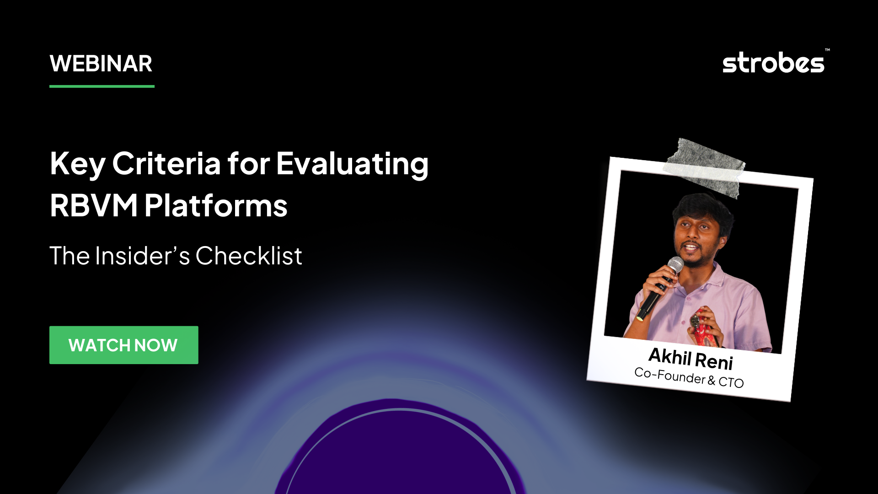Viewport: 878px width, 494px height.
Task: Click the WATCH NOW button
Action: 123,345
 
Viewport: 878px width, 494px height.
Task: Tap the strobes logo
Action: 773,63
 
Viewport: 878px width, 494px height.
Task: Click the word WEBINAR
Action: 101,64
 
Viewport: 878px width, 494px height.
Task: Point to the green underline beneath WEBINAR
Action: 102,86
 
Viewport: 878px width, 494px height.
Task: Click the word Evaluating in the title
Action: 353,163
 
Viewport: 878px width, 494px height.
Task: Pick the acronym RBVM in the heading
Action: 94,205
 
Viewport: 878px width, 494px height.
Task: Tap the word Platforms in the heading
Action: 216,205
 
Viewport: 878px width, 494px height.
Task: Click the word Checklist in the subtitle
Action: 249,256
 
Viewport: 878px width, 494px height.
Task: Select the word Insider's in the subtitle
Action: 142,256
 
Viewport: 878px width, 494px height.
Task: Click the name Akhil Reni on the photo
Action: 691,358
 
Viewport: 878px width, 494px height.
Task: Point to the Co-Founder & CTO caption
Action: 689,377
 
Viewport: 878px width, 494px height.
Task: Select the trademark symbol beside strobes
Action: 827,50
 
